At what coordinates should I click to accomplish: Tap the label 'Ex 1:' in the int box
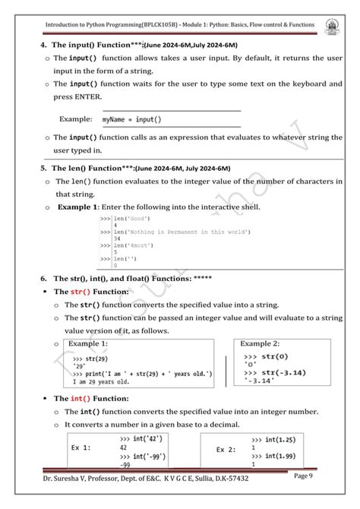click(x=81, y=447)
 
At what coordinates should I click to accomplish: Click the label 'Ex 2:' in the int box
click(x=226, y=450)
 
